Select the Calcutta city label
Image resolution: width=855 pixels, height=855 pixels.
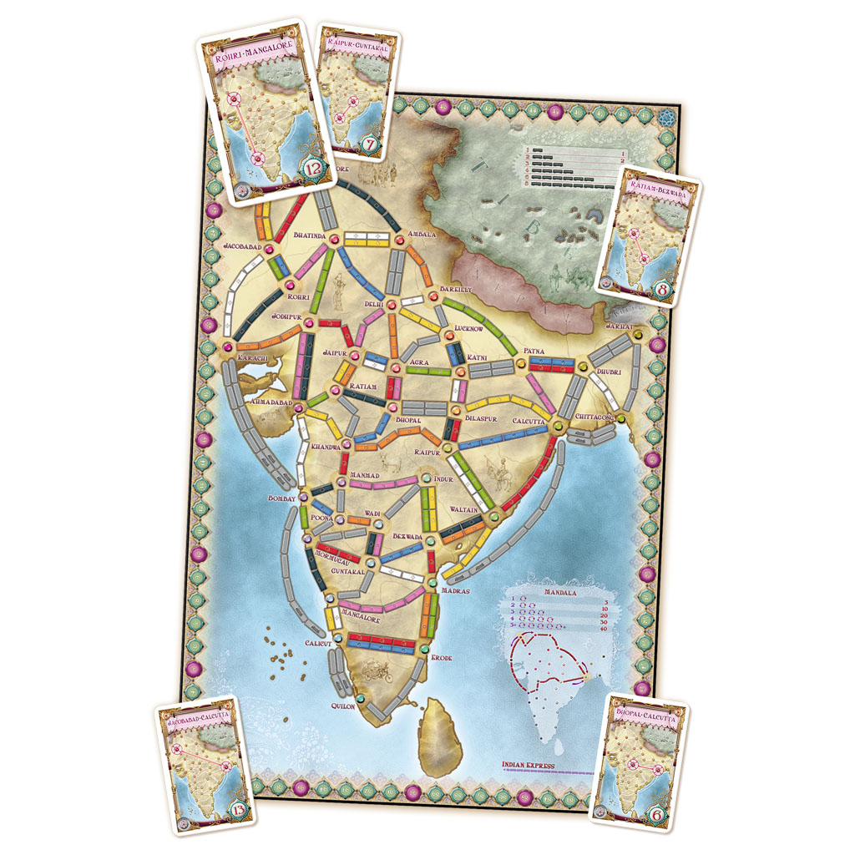528,421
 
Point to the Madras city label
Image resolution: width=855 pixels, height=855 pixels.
453,591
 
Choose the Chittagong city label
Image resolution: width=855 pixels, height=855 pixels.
595,416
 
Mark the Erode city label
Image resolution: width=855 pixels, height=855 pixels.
441,658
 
